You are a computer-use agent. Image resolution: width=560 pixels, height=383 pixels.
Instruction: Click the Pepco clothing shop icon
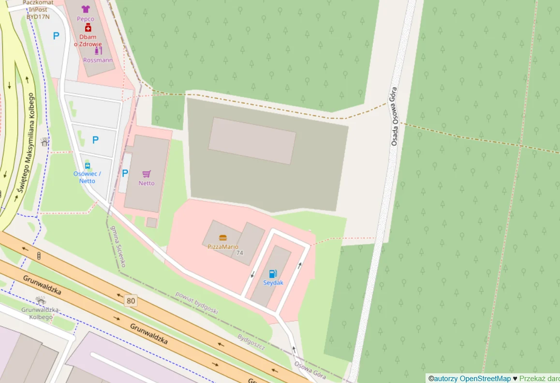[86, 9]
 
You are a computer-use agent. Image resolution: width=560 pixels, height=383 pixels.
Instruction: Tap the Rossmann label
[98, 60]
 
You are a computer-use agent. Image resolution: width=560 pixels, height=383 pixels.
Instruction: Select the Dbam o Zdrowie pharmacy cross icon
[88, 28]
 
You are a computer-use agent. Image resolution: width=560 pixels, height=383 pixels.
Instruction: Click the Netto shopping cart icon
[147, 174]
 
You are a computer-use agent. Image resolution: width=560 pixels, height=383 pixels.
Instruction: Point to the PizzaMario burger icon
[222, 238]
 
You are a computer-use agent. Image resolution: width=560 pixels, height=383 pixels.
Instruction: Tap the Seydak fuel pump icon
[273, 274]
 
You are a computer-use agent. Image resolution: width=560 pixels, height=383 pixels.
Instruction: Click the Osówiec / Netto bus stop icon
[88, 166]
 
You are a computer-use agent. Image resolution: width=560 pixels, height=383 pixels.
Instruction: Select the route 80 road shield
[131, 301]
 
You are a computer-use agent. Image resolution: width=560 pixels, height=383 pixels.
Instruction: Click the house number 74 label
[240, 253]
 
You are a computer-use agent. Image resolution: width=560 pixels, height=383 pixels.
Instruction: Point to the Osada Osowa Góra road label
[394, 116]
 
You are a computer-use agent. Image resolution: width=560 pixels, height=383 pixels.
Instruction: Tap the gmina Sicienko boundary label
[118, 246]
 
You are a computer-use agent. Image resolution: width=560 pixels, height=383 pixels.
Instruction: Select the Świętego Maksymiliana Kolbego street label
[27, 143]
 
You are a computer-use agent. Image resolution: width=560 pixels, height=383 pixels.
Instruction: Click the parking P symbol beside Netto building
[125, 173]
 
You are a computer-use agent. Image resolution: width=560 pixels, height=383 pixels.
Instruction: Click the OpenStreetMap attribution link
[485, 379]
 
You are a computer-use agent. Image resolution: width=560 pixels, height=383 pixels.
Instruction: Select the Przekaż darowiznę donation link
[539, 379]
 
